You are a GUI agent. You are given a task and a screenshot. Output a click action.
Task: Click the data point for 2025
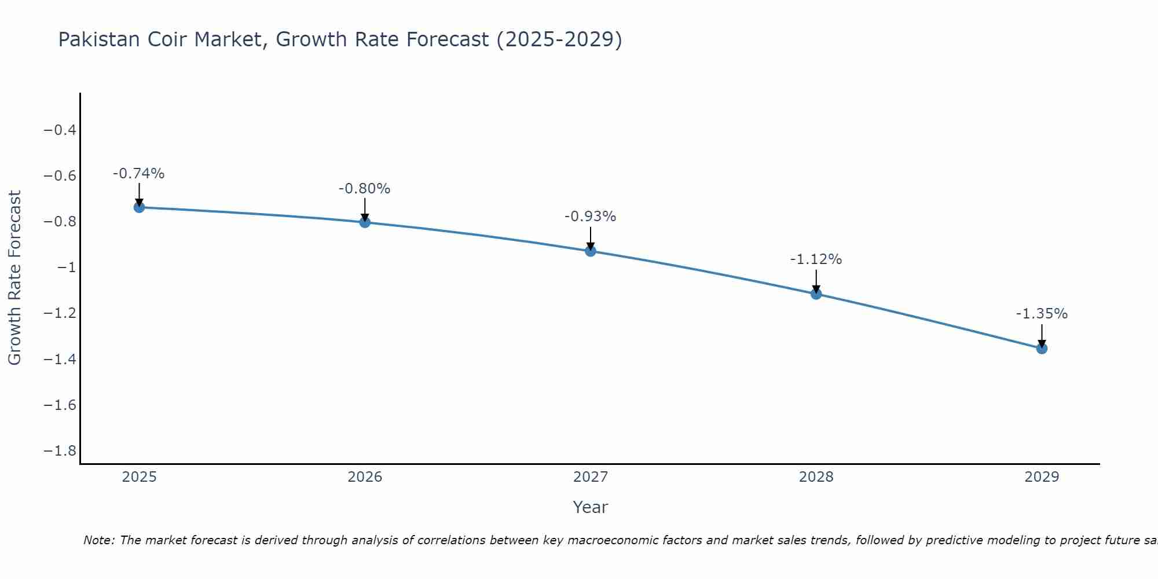(139, 207)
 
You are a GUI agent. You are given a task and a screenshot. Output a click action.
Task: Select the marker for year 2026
(365, 222)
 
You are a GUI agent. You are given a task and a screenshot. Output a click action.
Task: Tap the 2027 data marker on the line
(591, 251)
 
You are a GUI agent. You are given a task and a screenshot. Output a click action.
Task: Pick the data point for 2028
(816, 294)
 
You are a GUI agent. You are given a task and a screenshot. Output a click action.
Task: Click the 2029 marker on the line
(1042, 349)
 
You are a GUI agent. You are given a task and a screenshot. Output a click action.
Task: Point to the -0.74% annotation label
(138, 174)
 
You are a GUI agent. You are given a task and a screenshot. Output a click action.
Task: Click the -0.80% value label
(364, 189)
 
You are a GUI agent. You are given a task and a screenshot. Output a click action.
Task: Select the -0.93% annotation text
(590, 217)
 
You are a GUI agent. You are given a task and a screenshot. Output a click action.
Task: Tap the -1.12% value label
(816, 259)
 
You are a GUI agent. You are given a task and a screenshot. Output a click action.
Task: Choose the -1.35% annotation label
(1042, 314)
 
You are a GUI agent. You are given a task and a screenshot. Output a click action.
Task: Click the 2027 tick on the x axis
(591, 477)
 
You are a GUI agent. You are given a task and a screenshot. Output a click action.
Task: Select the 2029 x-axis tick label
(1042, 477)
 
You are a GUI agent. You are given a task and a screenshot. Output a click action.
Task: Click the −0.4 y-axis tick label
(60, 130)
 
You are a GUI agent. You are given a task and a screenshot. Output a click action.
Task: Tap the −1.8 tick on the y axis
(60, 451)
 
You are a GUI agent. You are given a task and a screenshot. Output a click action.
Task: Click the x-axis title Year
(590, 507)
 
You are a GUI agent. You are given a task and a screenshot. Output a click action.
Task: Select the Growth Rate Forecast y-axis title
(14, 278)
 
